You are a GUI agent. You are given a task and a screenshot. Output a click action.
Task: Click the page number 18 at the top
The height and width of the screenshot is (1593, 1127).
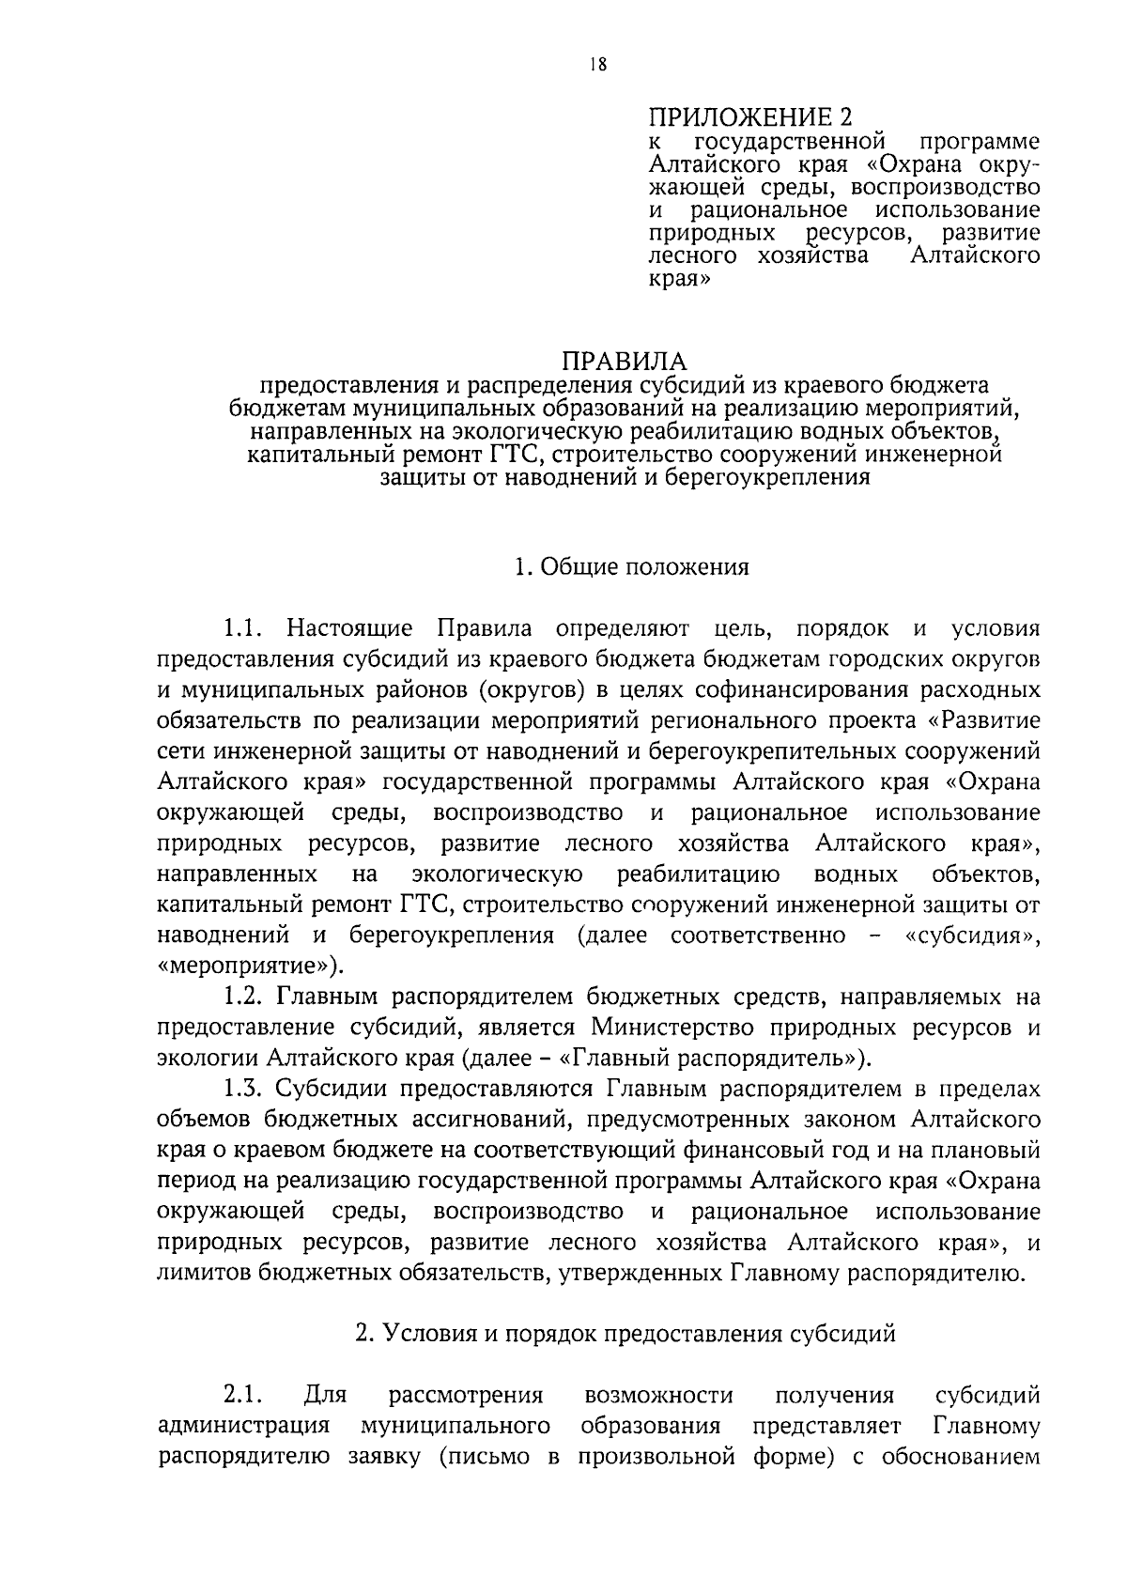(x=598, y=65)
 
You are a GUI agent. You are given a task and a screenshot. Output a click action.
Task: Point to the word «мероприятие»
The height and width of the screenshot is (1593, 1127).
(x=248, y=967)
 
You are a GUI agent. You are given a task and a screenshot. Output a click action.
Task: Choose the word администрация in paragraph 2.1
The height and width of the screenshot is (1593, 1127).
(x=243, y=1426)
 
